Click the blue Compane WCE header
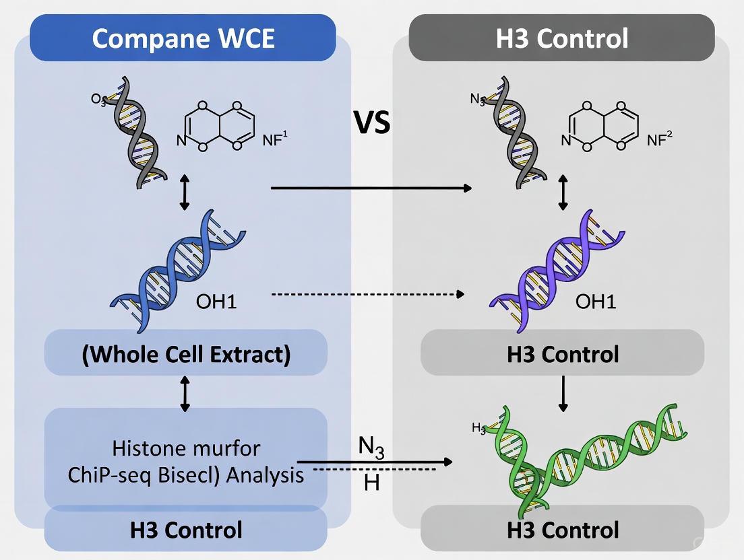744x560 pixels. pyautogui.click(x=183, y=38)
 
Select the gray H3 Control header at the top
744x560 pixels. pyautogui.click(x=562, y=38)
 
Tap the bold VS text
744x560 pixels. pyautogui.click(x=372, y=123)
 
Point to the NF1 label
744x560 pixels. pyautogui.click(x=274, y=139)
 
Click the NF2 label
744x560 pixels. pyautogui.click(x=659, y=139)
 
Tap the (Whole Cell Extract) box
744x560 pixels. pyautogui.click(x=186, y=353)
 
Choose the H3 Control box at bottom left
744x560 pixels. pyautogui.click(x=186, y=530)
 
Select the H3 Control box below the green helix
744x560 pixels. pyautogui.click(x=562, y=530)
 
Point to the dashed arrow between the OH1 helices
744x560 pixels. pyautogui.click(x=367, y=294)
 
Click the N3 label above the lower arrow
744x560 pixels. pyautogui.click(x=371, y=448)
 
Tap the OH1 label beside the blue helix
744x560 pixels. pyautogui.click(x=216, y=301)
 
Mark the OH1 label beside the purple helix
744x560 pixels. pyautogui.click(x=596, y=301)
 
